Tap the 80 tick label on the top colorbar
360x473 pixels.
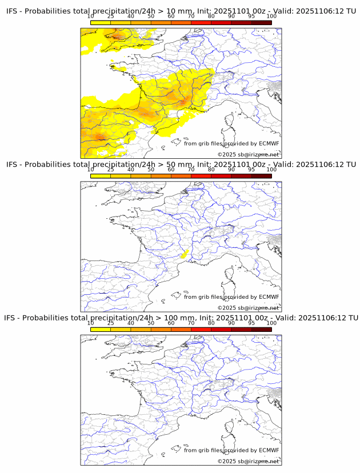tap(211, 16)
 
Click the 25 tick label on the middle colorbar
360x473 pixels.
tap(111, 170)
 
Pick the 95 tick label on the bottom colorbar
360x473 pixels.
tap(251, 323)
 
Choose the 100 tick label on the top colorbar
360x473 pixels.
tap(271, 16)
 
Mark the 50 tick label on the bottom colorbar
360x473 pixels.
tap(151, 323)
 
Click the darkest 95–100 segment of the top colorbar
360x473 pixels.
tap(261, 23)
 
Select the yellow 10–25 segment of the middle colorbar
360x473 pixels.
tap(101, 176)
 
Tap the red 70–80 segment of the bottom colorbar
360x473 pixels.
tap(201, 330)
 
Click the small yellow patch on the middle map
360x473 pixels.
tap(183, 255)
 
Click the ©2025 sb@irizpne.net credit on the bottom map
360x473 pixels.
tap(248, 461)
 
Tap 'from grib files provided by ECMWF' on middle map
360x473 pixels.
tap(231, 297)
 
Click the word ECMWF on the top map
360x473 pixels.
tap(269, 143)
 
